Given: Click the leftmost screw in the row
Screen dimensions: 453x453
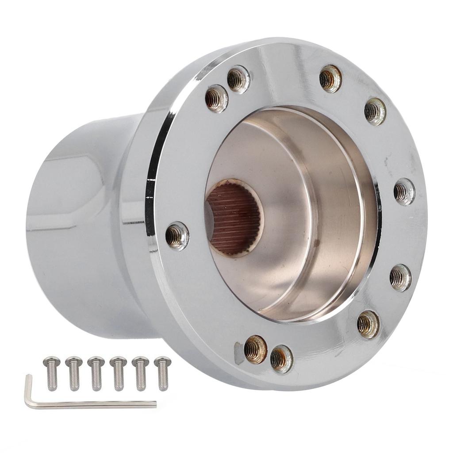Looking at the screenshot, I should [52, 374].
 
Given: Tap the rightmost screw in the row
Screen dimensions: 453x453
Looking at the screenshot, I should [163, 374].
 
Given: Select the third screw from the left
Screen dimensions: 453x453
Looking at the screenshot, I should [96, 374].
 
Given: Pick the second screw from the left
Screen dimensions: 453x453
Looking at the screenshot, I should [74, 374].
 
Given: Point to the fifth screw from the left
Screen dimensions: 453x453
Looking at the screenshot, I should [141, 374].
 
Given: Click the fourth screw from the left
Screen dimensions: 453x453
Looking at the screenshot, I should [118, 374].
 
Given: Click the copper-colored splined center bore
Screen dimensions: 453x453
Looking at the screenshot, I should [234, 218].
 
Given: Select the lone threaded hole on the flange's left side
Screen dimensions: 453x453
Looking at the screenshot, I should [177, 236].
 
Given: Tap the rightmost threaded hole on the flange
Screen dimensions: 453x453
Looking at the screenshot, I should [404, 192].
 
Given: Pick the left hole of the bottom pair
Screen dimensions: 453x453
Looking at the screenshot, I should [256, 349].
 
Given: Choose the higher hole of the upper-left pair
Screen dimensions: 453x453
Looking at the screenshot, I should [238, 79].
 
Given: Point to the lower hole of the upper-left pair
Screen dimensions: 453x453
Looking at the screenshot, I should [216, 98].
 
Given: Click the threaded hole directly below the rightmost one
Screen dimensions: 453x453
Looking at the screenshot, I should [400, 277].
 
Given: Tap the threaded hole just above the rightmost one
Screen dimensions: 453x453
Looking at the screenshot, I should [375, 111].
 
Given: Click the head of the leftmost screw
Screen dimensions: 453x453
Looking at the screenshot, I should [52, 361].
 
